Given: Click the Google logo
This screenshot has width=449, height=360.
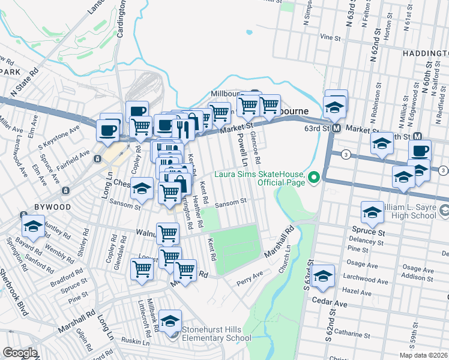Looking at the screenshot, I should point(20,353).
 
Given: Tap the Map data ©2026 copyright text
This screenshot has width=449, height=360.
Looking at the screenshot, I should point(423,355).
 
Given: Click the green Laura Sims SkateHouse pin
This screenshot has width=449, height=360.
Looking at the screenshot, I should point(313,177).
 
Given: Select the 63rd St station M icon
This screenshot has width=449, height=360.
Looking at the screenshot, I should point(337,128).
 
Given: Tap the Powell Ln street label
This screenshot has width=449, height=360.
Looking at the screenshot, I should point(242,150).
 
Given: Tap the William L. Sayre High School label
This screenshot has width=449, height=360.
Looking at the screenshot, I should point(408,211).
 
